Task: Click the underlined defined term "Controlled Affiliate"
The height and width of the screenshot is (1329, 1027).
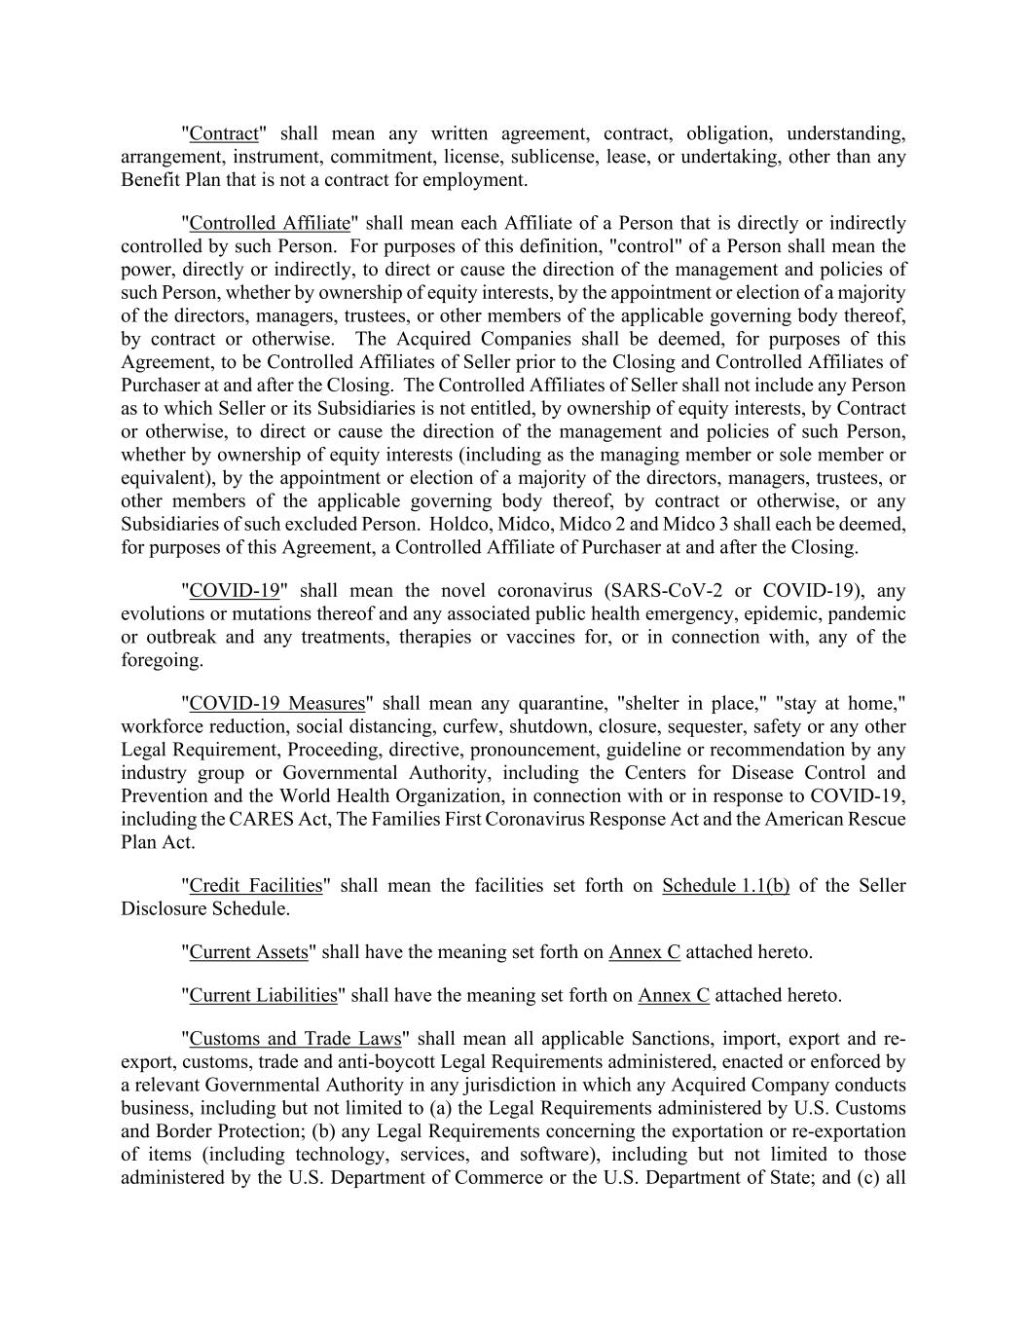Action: pos(270,223)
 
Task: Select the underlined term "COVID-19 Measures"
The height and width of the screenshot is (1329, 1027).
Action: pos(277,703)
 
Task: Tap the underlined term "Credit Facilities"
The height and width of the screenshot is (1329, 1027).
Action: pos(255,885)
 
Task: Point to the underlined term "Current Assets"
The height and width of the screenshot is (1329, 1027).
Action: pos(248,951)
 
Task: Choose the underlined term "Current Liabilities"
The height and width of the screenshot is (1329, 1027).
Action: pos(263,995)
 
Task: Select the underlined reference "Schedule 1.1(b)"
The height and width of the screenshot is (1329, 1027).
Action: pos(725,885)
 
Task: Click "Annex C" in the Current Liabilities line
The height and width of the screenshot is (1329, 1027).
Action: pos(674,995)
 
